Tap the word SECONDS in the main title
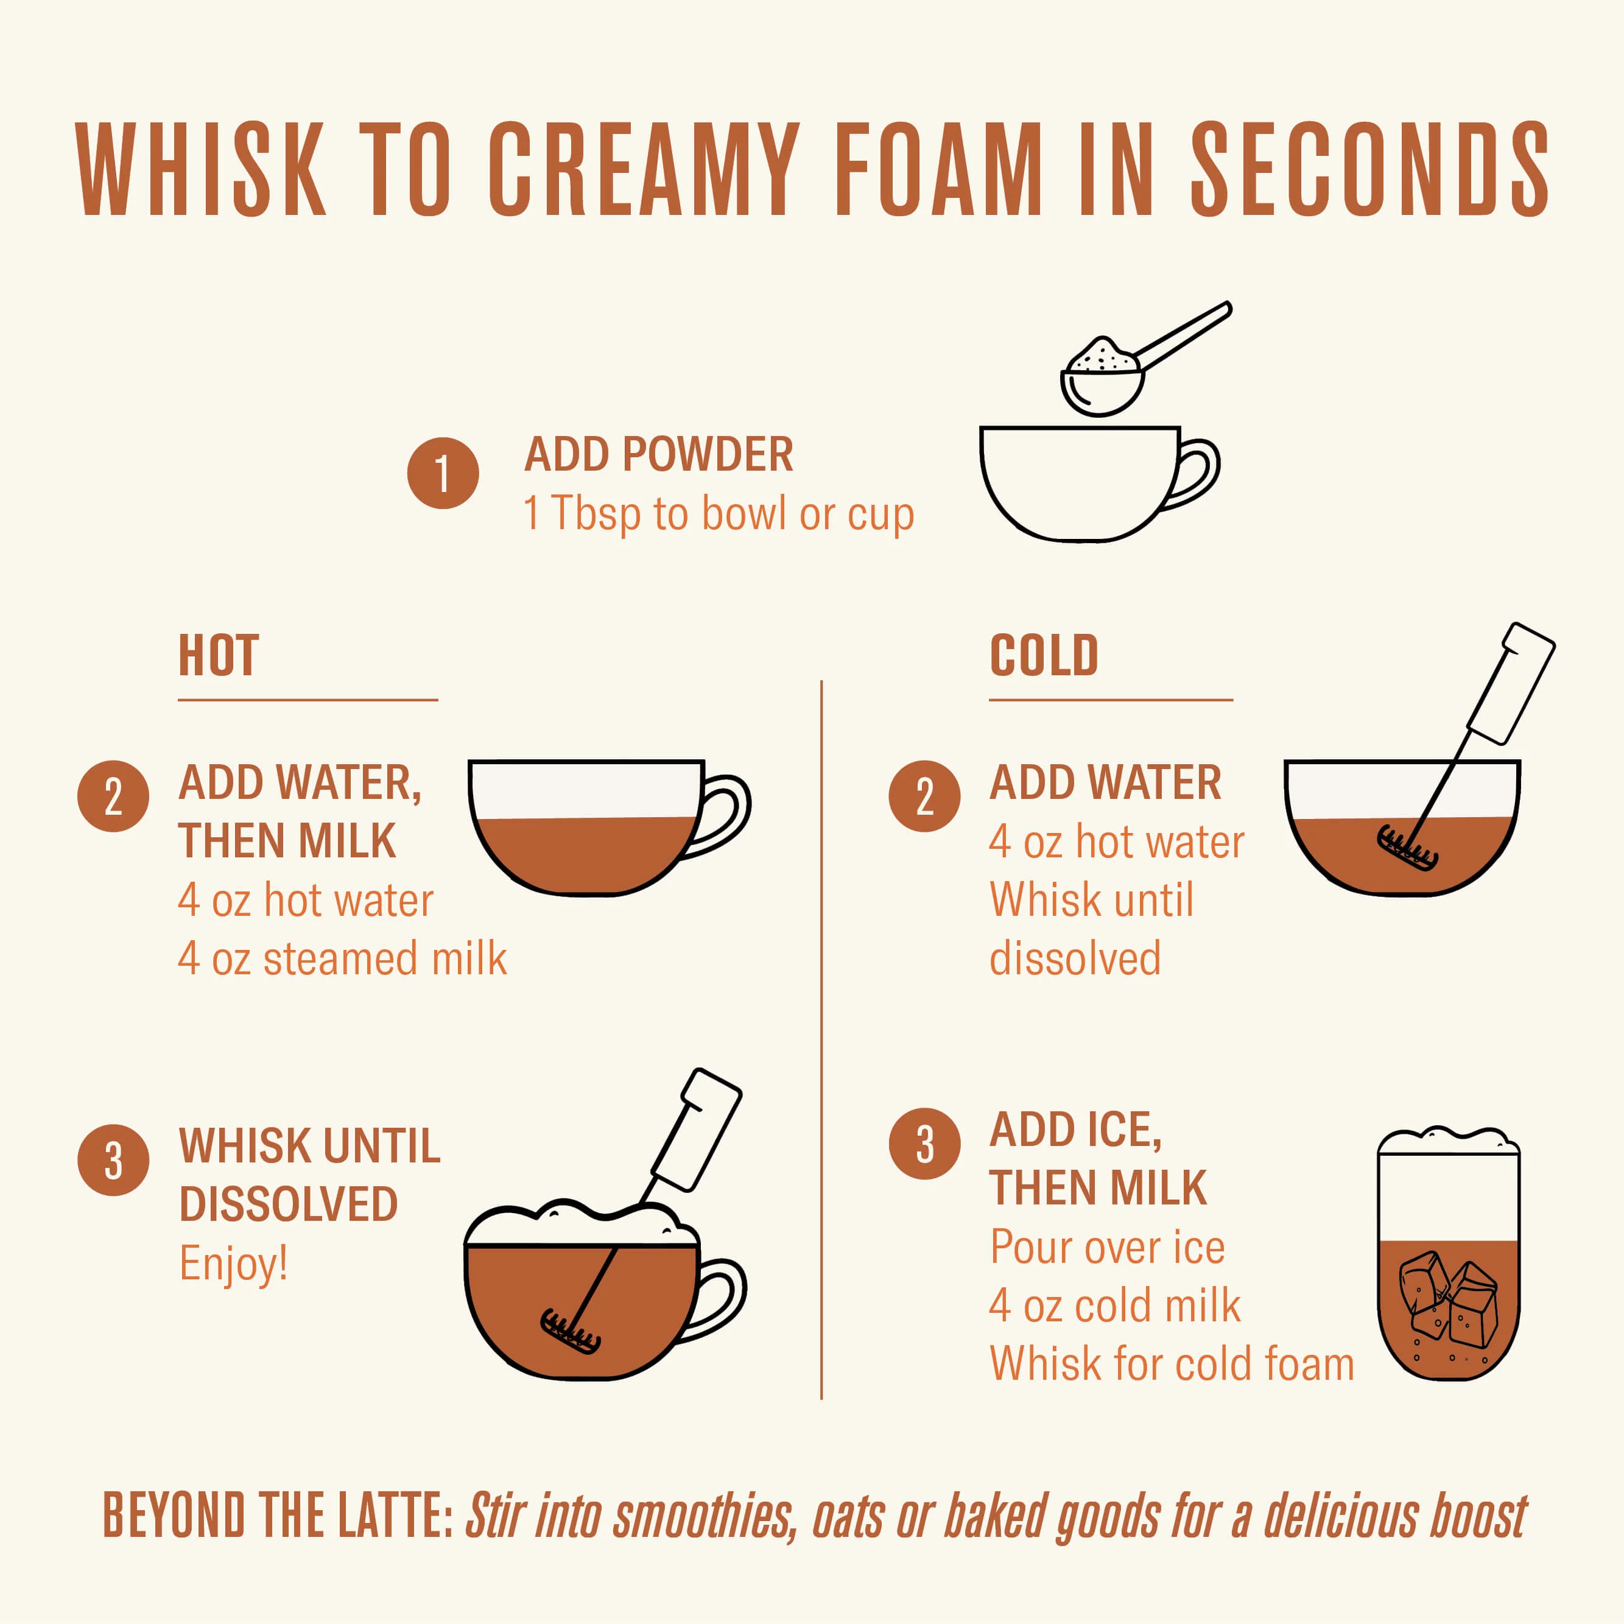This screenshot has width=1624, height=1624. [x=1369, y=168]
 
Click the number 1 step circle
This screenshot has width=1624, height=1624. [x=443, y=473]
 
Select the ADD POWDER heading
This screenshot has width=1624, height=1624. [x=659, y=455]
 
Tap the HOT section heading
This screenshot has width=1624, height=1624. [x=219, y=656]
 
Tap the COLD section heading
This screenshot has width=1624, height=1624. [x=1044, y=656]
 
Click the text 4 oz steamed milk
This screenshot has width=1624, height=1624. [x=343, y=959]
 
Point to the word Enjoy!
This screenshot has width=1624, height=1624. [x=234, y=1264]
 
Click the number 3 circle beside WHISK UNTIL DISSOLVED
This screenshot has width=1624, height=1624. [x=113, y=1160]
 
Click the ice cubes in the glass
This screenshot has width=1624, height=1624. [x=1447, y=1298]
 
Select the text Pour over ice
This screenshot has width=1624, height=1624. [x=1108, y=1248]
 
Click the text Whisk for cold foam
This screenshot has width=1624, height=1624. [x=1172, y=1363]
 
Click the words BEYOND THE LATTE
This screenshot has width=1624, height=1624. [x=278, y=1516]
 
